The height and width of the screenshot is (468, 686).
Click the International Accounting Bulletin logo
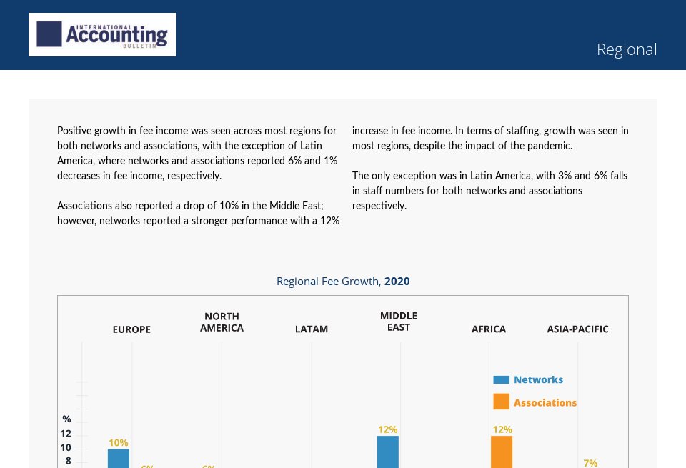pos(102,34)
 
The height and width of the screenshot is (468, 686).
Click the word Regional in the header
pos(626,49)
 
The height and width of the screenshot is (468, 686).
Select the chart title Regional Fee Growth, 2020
pos(343,281)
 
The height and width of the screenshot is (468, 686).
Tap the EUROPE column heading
pos(131,329)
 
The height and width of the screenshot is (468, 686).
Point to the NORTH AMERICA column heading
pos(222,322)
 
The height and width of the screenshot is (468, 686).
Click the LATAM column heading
pos(312,329)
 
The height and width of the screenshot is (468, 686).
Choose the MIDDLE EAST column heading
pos(399,322)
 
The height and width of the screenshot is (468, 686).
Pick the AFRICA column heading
pos(489,329)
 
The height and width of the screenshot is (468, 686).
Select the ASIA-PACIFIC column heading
pos(577,329)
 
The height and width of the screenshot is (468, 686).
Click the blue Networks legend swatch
pos(502,380)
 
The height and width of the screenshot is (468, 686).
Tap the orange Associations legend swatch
pos(502,402)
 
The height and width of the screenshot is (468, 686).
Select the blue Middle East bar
pos(388,452)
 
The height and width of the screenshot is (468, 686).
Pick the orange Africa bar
pos(502,452)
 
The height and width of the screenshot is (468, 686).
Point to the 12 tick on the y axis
pos(66,434)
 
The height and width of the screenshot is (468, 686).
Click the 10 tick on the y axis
pos(66,447)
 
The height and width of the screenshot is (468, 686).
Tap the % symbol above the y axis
pos(66,419)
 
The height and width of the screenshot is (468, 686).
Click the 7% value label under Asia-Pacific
pos(590,463)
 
